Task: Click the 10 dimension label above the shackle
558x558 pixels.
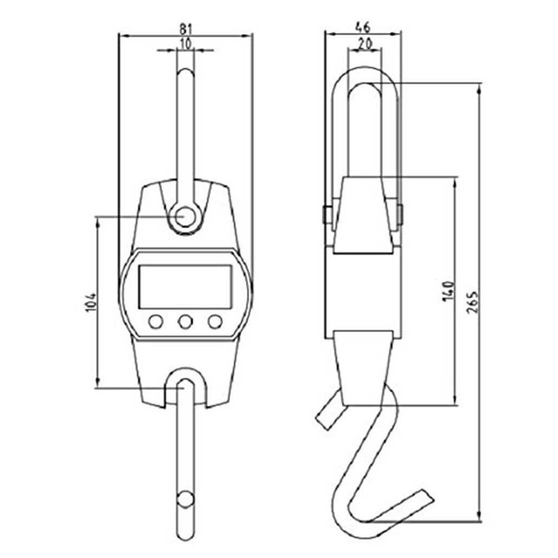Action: pyautogui.click(x=185, y=44)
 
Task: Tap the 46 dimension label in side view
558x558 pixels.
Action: pyautogui.click(x=363, y=25)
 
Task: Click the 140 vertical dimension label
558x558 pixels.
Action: pyautogui.click(x=447, y=291)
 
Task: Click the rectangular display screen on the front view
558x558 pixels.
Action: pyautogui.click(x=185, y=287)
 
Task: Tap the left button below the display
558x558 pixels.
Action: pyautogui.click(x=156, y=322)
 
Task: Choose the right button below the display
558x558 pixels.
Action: pyautogui.click(x=215, y=322)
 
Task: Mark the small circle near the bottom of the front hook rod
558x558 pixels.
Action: pyautogui.click(x=185, y=499)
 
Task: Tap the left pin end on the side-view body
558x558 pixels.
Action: pyautogui.click(x=326, y=215)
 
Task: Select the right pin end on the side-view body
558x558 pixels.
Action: pyautogui.click(x=400, y=215)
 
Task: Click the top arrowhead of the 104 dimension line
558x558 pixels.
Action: pyautogui.click(x=98, y=222)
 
